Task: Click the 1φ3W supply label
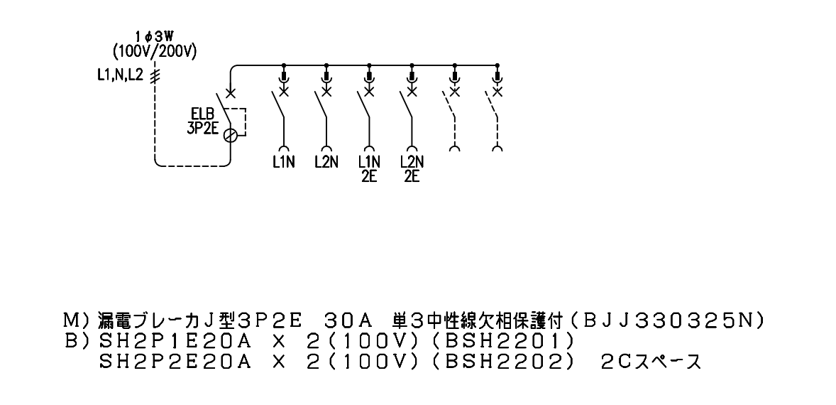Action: tap(155, 38)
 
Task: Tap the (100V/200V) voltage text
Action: tap(155, 52)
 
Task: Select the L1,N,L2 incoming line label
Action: tap(120, 75)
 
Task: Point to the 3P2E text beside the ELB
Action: tap(202, 129)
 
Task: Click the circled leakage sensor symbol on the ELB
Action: tap(230, 136)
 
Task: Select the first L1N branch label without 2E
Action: tap(283, 162)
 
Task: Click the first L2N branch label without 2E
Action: tap(326, 162)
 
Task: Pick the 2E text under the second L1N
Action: tap(369, 177)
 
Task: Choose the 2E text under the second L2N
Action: tap(412, 177)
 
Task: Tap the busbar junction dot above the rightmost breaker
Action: tap(497, 65)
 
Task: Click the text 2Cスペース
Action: tap(651, 362)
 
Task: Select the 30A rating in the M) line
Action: tap(347, 320)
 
